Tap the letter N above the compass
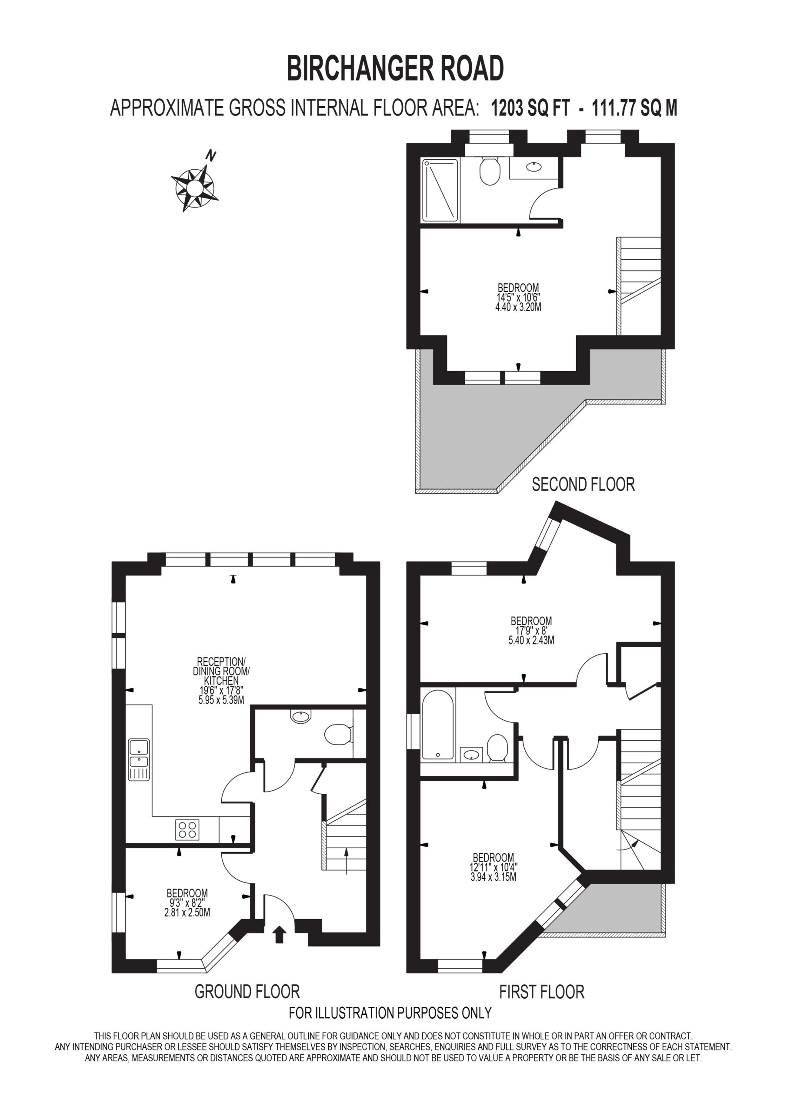210,156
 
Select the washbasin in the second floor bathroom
534,167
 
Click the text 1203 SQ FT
530,108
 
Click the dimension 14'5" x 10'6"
518,297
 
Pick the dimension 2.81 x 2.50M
187,913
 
